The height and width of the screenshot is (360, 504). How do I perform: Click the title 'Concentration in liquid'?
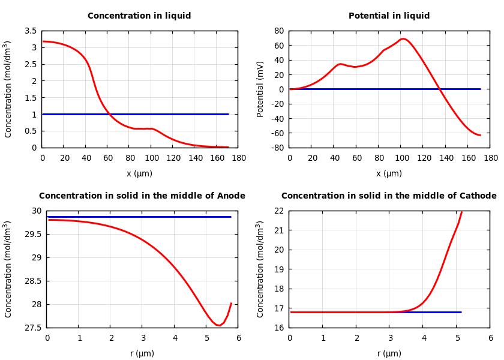tap(139, 16)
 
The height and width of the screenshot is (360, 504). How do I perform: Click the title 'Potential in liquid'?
tap(389, 16)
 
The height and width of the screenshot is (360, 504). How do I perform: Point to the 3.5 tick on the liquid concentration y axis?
tap(30, 31)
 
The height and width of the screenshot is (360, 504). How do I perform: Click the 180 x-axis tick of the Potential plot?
tap(490, 158)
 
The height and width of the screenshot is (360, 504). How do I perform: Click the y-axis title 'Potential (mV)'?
tap(260, 89)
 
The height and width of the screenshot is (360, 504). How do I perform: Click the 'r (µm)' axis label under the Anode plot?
tap(142, 353)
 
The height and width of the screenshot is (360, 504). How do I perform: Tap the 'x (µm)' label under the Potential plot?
tap(389, 173)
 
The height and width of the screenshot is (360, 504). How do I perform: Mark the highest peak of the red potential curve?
tap(403, 38)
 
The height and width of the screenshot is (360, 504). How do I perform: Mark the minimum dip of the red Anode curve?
tap(218, 325)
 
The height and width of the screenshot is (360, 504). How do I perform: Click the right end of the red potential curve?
tap(480, 135)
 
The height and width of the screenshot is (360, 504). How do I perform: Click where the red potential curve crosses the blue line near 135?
tap(440, 89)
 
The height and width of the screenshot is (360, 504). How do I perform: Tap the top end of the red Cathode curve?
tap(461, 211)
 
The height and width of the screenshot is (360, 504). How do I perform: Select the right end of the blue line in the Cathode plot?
tap(461, 312)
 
